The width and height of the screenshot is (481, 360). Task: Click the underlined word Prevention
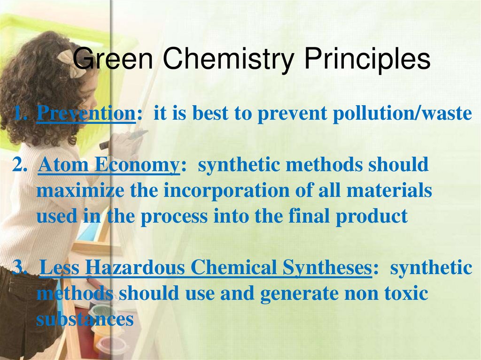coord(85,114)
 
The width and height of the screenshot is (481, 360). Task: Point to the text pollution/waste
coord(402,114)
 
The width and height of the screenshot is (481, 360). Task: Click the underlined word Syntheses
coord(327,268)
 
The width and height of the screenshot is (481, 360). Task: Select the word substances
coord(85,319)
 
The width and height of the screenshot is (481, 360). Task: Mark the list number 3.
coord(19,268)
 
